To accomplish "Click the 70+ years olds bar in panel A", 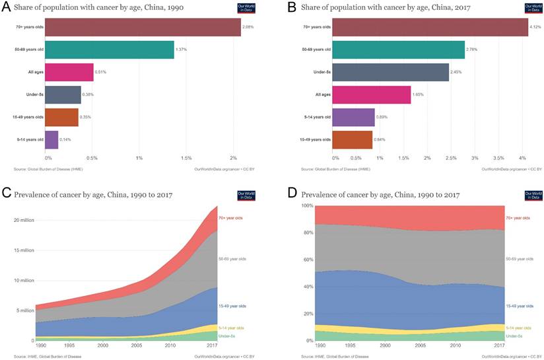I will [x=143, y=27].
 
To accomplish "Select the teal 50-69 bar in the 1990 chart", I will [x=110, y=50].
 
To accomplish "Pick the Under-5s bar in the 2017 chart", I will [x=390, y=72].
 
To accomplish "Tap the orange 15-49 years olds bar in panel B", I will [x=352, y=140].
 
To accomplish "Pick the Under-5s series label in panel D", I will [x=514, y=336].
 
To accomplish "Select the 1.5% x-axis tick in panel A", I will [x=186, y=159].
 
